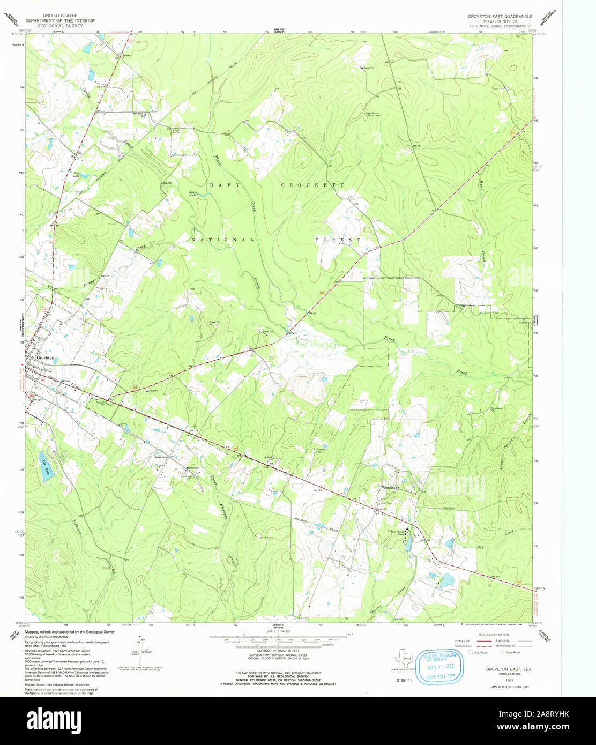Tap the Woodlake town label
coord(390,488)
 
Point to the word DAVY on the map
coord(219,185)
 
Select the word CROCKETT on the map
coord(312,185)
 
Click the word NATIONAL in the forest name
coord(222,240)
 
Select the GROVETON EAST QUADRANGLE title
coord(500,17)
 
